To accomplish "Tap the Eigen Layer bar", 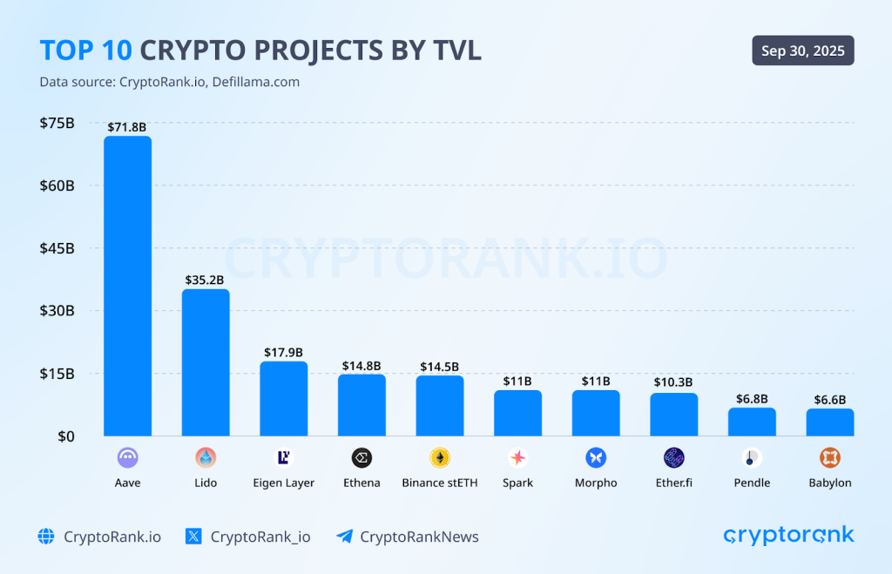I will [x=283, y=399].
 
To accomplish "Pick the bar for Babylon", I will [x=829, y=422].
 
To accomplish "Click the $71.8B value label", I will [x=127, y=127].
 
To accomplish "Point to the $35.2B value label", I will [x=205, y=280].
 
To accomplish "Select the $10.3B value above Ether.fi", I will [x=673, y=382].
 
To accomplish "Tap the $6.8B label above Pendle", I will [x=752, y=398].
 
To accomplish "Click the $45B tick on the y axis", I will [x=57, y=248].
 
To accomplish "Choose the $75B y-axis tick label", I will [x=57, y=123].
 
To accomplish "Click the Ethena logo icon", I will [x=362, y=458].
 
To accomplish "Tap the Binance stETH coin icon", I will [x=440, y=458].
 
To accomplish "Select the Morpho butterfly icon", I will [x=596, y=458].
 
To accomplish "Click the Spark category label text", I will [x=517, y=483].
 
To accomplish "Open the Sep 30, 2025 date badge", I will [x=803, y=51].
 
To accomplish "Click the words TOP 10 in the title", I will [x=86, y=51].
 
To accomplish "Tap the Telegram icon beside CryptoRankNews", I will [x=344, y=537].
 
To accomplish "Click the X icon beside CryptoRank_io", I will [x=194, y=537].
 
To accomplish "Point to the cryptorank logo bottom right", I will [x=788, y=535].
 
